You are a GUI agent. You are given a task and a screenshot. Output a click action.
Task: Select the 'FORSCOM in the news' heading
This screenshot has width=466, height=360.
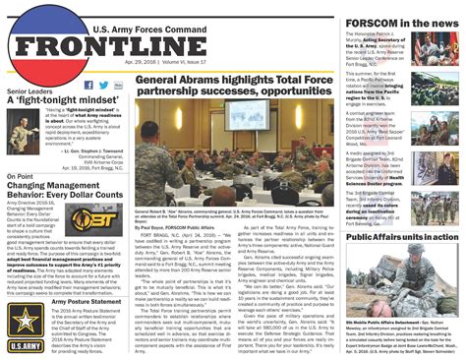click(401, 25)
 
